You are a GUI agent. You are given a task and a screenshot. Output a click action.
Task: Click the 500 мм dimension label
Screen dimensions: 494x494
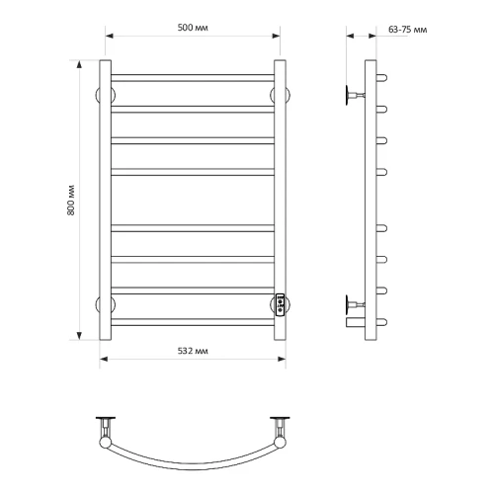coord(193,28)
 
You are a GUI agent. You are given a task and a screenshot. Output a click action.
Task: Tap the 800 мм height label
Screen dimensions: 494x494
coord(71,201)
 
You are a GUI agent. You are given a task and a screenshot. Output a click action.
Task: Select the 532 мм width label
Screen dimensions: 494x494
coord(193,351)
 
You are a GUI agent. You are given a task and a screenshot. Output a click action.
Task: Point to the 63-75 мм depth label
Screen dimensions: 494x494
coord(408,30)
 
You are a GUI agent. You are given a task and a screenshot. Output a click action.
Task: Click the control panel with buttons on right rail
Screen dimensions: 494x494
coord(280,304)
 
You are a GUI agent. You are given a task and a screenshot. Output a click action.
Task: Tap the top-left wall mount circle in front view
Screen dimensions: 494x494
coord(106,95)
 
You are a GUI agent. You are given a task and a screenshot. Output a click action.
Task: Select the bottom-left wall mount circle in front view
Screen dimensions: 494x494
coord(106,304)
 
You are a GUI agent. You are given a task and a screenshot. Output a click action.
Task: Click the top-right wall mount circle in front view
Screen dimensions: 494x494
coord(280,95)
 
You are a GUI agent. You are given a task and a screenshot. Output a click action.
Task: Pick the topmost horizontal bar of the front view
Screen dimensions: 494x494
coord(193,78)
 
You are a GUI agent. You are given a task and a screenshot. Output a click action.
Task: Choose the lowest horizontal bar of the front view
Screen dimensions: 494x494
coord(193,322)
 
